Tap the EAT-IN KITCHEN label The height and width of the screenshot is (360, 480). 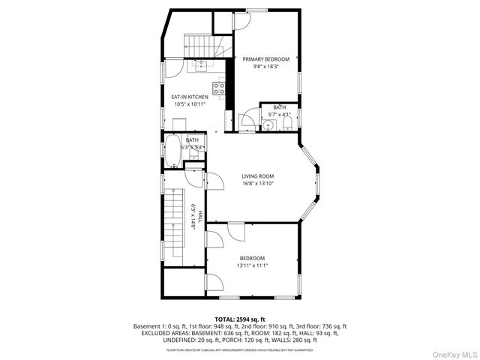(x=190, y=97)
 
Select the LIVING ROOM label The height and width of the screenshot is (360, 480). (x=257, y=176)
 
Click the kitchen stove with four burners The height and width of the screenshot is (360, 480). (x=220, y=90)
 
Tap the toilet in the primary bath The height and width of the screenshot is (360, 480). (x=290, y=124)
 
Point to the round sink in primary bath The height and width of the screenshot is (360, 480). (x=270, y=124)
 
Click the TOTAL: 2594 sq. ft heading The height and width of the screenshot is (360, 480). (x=239, y=319)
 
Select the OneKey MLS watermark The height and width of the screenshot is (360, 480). (x=454, y=352)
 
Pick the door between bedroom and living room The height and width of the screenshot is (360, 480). (x=235, y=231)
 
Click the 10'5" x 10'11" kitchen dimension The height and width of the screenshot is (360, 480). (x=190, y=104)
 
